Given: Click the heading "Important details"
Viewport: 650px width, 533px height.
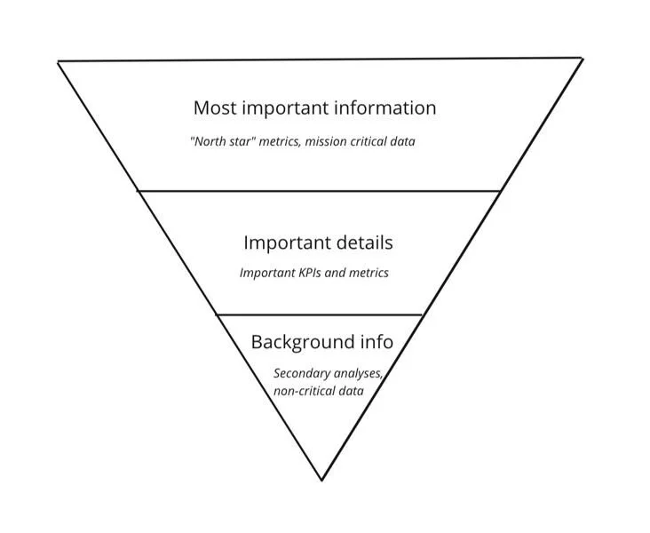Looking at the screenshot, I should click(318, 243).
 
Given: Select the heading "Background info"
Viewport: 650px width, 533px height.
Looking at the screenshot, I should click(321, 342).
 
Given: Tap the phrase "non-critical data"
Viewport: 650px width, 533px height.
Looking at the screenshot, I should click(319, 390).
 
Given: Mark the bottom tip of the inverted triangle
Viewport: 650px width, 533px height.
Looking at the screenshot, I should click(322, 480).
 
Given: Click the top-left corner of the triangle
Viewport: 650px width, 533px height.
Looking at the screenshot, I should click(59, 61).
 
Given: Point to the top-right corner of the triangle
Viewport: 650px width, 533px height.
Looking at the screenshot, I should click(583, 58).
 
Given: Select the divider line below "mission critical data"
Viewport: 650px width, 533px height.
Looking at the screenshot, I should click(320, 190).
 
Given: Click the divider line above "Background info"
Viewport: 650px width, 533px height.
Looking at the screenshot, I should click(320, 314).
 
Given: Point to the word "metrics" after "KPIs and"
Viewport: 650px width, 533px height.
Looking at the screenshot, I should click(368, 273).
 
